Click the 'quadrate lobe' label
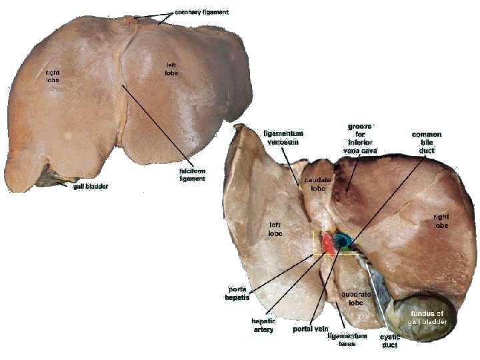click(x=351, y=297)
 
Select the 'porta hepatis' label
click(x=238, y=293)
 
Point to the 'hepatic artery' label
click(x=263, y=325)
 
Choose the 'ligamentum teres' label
click(x=347, y=340)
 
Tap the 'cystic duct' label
click(x=390, y=341)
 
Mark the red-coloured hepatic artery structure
click(x=327, y=245)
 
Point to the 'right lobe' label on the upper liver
click(x=52, y=76)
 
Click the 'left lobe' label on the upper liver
click(x=172, y=68)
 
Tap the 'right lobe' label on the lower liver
click(x=441, y=221)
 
